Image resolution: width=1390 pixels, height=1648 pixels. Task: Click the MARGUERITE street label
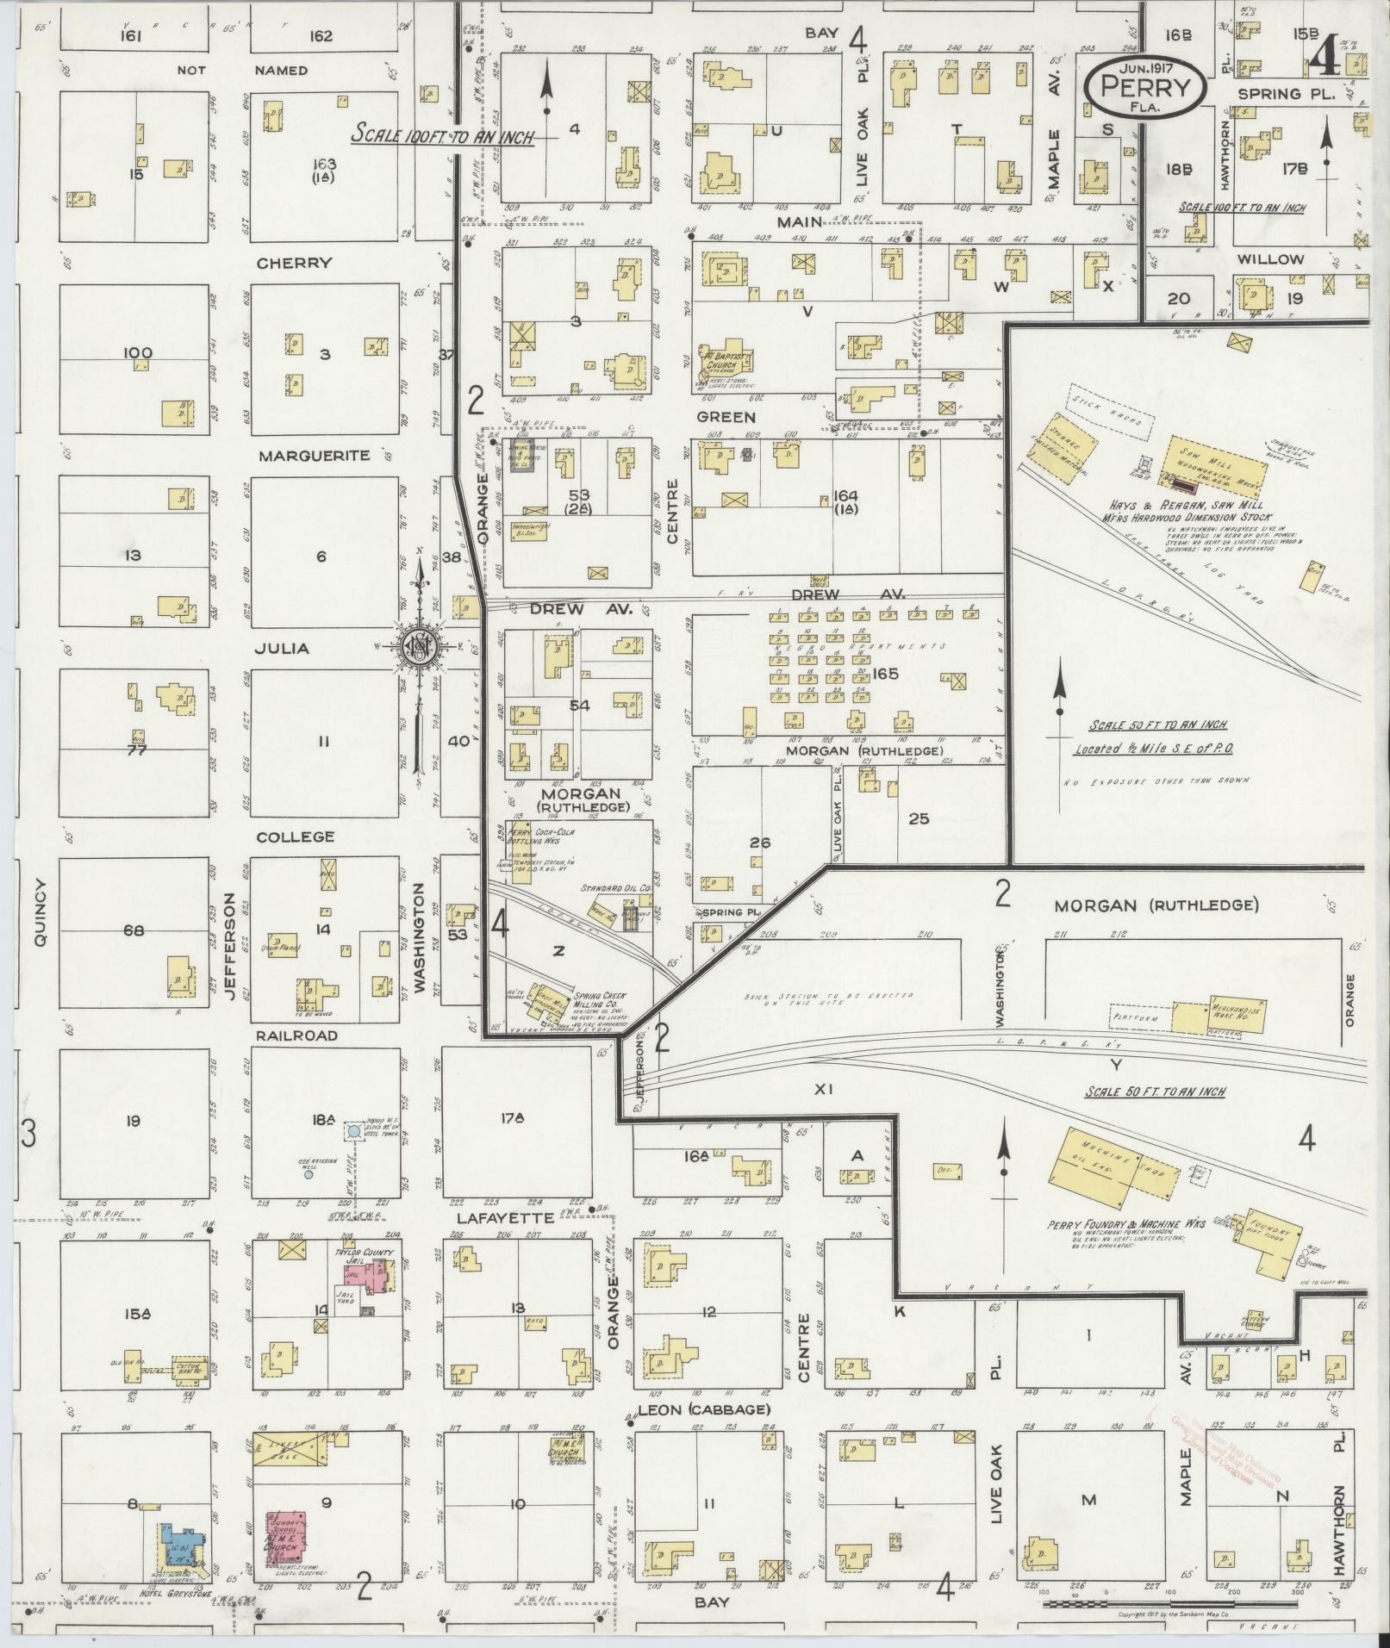(x=314, y=455)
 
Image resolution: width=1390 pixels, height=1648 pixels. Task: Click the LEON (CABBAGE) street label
(x=702, y=1409)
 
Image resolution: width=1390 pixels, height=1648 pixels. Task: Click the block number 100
(x=138, y=352)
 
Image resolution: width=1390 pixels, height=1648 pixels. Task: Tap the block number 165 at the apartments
(x=884, y=674)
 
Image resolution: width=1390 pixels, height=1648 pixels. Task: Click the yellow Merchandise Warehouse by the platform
(x=1217, y=1013)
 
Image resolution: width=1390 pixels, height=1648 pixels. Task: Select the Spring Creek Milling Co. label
(x=601, y=1001)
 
